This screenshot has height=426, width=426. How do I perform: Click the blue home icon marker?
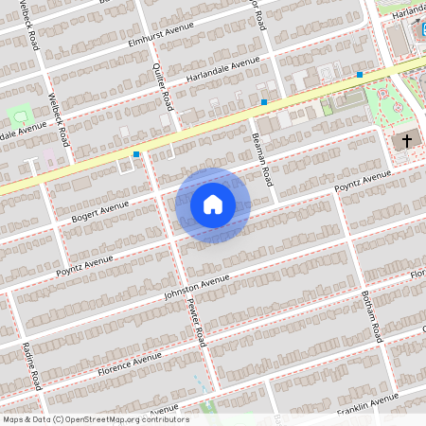212,204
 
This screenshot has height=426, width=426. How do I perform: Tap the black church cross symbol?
406,141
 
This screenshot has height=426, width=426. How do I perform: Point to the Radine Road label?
32,366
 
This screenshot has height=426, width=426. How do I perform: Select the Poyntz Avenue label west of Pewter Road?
84,263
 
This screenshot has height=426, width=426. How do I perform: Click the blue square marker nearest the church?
360,74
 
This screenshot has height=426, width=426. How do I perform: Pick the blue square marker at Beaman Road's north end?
263,101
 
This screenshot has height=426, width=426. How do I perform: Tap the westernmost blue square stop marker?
137,152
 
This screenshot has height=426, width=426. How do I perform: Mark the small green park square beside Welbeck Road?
20,115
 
